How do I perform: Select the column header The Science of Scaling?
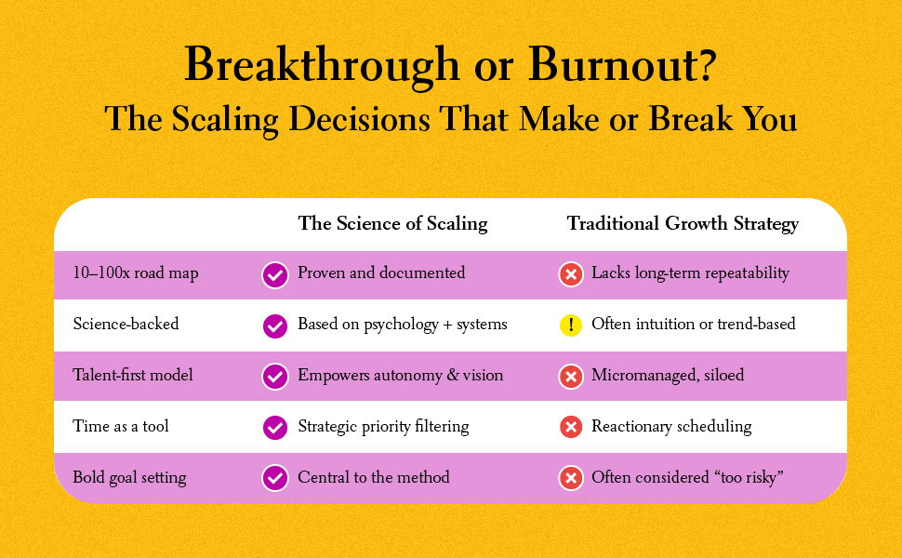pos(392,224)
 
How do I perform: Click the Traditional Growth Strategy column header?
pos(683,224)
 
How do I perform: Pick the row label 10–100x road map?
pos(136,273)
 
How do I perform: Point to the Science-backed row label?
pos(126,325)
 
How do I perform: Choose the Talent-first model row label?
pos(133,376)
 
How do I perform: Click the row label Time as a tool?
pos(121,427)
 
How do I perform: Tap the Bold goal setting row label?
pos(130,478)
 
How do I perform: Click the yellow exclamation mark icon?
pos(570,325)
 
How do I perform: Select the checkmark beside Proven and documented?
pos(274,274)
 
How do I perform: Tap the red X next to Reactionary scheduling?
pos(570,428)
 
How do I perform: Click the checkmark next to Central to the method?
pos(274,478)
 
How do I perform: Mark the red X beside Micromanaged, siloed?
pos(570,377)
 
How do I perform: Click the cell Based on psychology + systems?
pos(403,325)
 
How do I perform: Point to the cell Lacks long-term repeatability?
pos(690,273)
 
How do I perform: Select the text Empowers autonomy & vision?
pos(400,376)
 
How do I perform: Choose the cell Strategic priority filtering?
pos(383,427)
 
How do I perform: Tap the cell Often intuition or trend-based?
pos(694,325)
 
